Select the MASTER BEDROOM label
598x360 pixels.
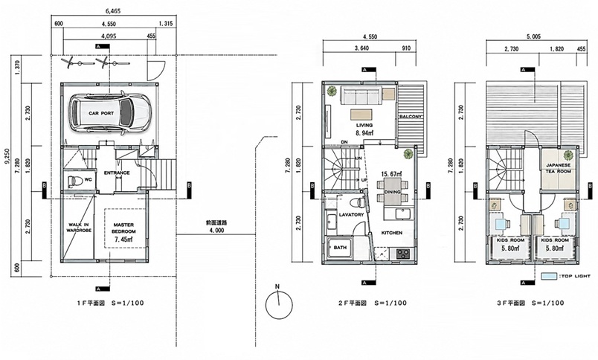123,228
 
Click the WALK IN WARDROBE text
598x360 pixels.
80,228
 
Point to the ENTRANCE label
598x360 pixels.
117,173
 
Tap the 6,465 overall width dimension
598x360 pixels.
114,11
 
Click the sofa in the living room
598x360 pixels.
361,95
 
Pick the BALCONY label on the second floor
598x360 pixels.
411,116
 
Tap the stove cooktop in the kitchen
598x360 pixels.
402,253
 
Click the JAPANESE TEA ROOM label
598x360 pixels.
558,168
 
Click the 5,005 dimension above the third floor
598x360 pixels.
533,36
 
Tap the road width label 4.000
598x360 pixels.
216,231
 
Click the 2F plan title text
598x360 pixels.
372,303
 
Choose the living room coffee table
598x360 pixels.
361,115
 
